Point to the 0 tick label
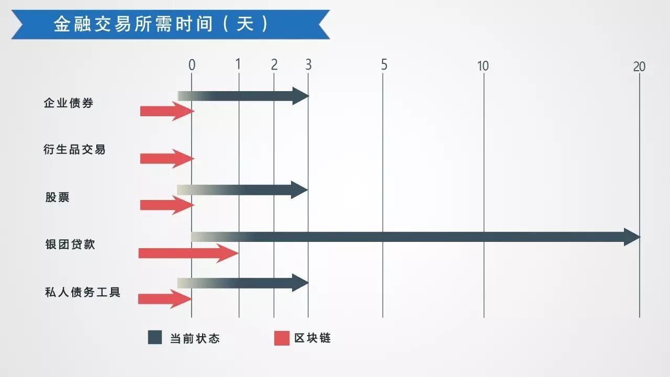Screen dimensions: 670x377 192,65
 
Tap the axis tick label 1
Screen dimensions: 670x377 238,64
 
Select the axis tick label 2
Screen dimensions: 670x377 274,65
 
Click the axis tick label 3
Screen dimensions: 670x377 308,65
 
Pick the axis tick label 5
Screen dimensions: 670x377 384,65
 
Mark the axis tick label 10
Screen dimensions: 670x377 483,66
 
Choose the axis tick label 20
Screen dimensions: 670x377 639,66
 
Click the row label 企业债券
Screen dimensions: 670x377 69,103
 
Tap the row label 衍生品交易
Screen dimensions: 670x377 74,150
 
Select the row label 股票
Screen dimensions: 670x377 58,197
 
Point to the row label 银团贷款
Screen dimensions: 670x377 70,245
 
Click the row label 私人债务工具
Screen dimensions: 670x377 83,292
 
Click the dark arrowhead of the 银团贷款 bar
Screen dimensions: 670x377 632,237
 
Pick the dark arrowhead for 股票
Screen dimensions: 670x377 299,190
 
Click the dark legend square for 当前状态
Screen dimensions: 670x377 155,338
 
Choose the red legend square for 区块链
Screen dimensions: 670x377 282,338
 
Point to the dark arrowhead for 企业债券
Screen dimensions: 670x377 300,96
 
